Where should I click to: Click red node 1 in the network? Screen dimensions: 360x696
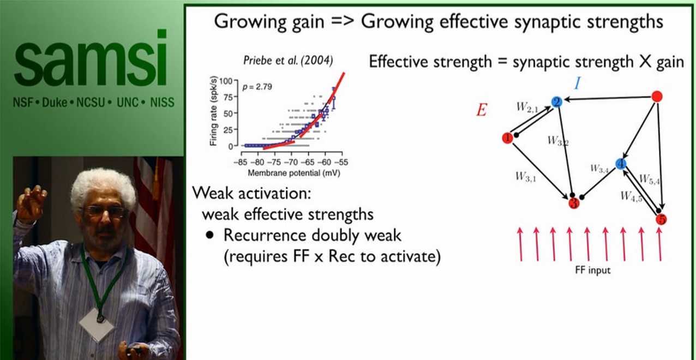(507, 138)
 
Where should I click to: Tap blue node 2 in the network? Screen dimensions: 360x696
(557, 102)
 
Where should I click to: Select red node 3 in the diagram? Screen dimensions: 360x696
(573, 203)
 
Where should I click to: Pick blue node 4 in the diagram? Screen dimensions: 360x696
(620, 164)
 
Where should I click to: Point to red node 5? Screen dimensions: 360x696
(661, 220)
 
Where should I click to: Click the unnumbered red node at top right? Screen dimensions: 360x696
(657, 97)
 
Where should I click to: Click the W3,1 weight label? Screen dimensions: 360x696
(526, 176)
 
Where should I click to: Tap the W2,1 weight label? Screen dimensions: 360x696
(527, 107)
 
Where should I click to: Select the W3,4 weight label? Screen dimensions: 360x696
(599, 169)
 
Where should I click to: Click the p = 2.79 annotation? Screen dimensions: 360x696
(259, 87)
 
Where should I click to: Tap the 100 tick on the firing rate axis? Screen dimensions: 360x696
(225, 81)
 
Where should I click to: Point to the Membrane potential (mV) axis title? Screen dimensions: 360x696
(291, 173)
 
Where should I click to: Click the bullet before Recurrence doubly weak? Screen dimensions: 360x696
(209, 236)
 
